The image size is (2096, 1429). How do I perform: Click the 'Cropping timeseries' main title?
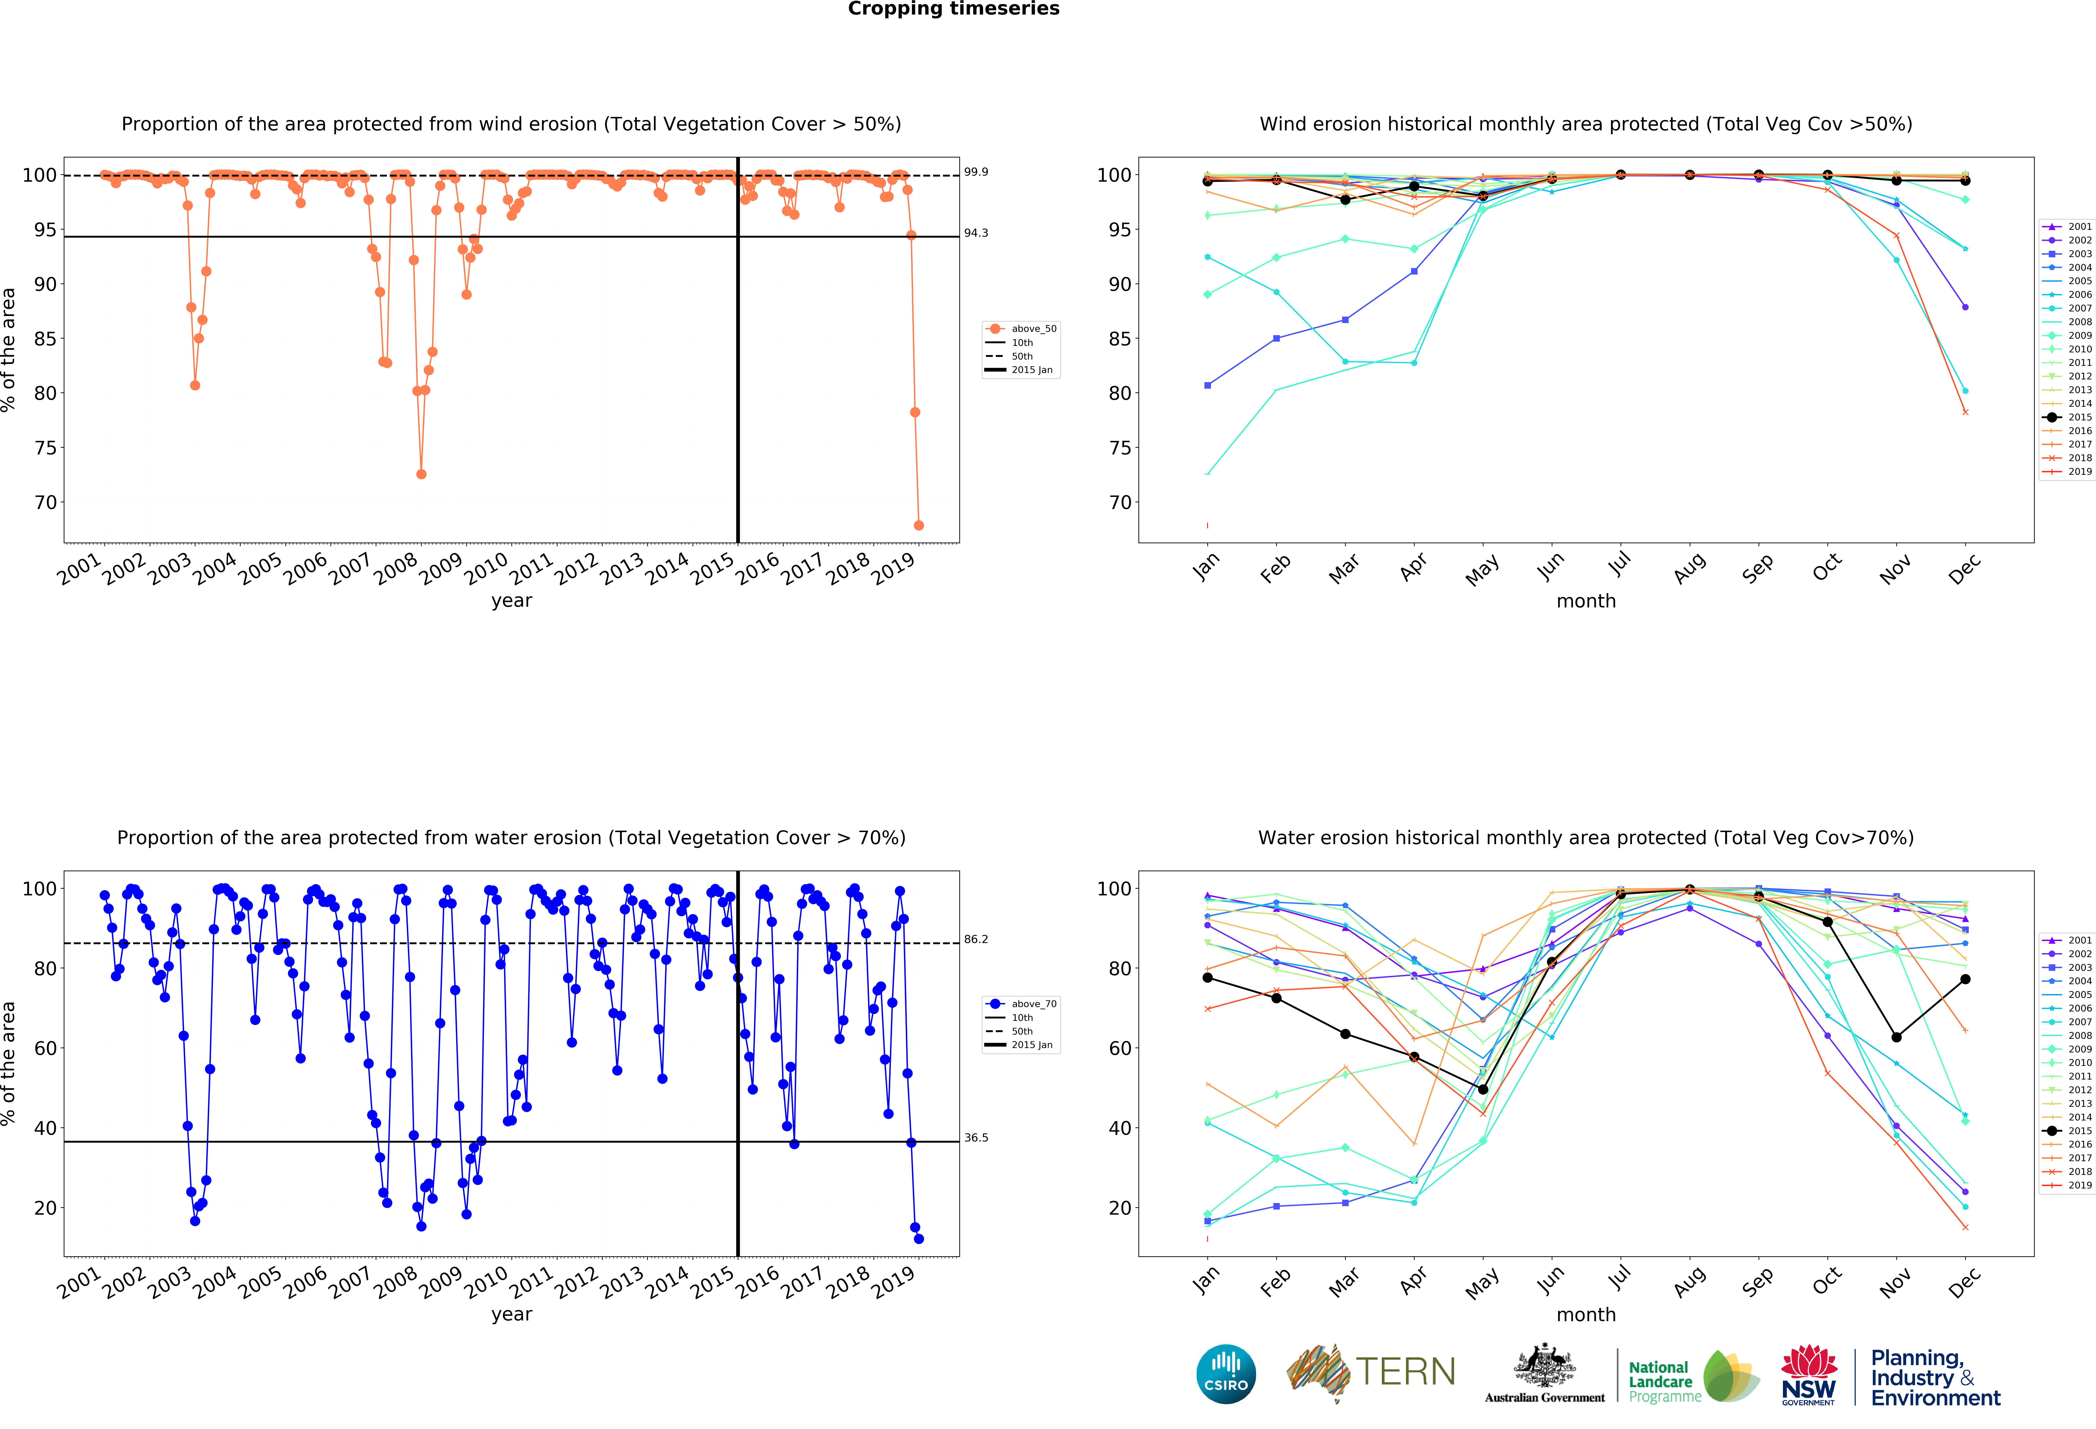(x=953, y=9)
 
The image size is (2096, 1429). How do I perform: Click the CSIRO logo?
(x=1226, y=1374)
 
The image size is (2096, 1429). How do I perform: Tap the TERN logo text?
(x=1405, y=1372)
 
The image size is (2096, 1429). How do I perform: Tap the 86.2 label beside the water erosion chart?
(x=976, y=939)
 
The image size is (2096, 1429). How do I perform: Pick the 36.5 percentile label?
(x=976, y=1138)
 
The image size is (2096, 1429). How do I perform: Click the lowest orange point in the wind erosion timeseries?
(x=919, y=525)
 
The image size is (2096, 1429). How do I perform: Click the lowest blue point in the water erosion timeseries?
(x=919, y=1239)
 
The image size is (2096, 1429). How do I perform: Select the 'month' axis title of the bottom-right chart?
(x=1585, y=1314)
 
